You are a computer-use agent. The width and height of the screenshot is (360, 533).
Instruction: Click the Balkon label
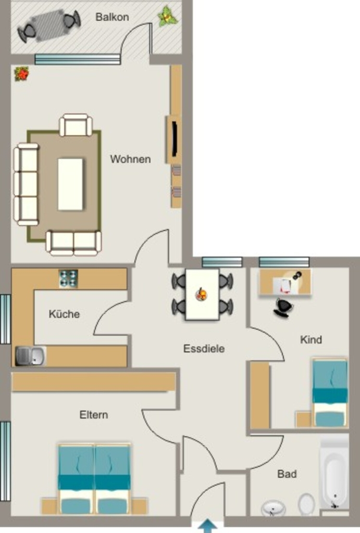click(x=112, y=17)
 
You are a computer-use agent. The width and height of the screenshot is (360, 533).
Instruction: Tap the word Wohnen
click(x=130, y=159)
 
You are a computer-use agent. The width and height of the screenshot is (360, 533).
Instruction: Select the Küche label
click(x=64, y=313)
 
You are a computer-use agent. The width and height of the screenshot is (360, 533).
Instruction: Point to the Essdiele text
click(x=204, y=348)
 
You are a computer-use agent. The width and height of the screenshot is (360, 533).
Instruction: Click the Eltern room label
click(x=94, y=415)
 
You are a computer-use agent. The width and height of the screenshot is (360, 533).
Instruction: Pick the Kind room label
click(x=311, y=339)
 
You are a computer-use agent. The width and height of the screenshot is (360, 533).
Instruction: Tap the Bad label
click(x=287, y=474)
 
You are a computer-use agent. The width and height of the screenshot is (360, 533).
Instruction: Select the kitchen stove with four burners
click(x=68, y=279)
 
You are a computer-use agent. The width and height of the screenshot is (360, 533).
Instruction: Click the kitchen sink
click(x=31, y=356)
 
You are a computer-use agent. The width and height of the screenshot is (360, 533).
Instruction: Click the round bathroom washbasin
click(x=273, y=508)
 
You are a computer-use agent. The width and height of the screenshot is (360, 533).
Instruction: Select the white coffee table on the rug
click(x=70, y=184)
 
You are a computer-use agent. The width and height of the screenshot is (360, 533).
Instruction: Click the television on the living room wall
click(x=174, y=139)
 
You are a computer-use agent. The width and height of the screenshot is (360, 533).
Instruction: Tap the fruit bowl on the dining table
click(x=202, y=294)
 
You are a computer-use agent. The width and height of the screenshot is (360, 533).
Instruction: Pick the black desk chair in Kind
click(x=283, y=307)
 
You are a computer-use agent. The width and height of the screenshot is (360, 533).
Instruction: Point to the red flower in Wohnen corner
click(x=22, y=74)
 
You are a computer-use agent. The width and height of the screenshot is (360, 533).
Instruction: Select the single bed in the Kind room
click(x=330, y=392)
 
